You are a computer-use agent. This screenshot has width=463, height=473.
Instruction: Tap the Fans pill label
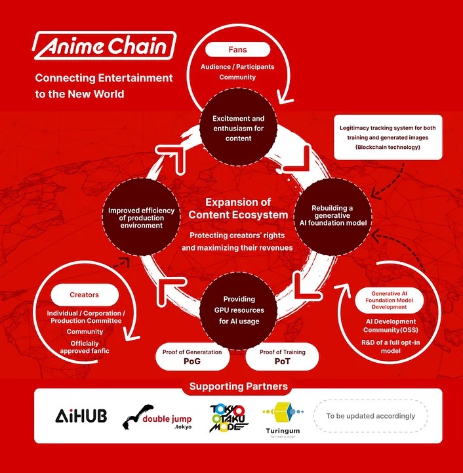(237, 49)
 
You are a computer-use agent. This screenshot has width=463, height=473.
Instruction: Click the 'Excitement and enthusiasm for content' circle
(237, 128)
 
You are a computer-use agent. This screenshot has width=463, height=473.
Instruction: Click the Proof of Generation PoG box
(197, 357)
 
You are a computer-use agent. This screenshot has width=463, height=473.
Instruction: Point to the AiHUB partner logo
(77, 416)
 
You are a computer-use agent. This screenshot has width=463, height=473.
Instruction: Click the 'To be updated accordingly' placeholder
(371, 416)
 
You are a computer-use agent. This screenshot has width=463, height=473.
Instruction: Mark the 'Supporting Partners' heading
(238, 386)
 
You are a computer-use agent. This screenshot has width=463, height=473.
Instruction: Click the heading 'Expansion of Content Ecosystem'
(237, 208)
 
